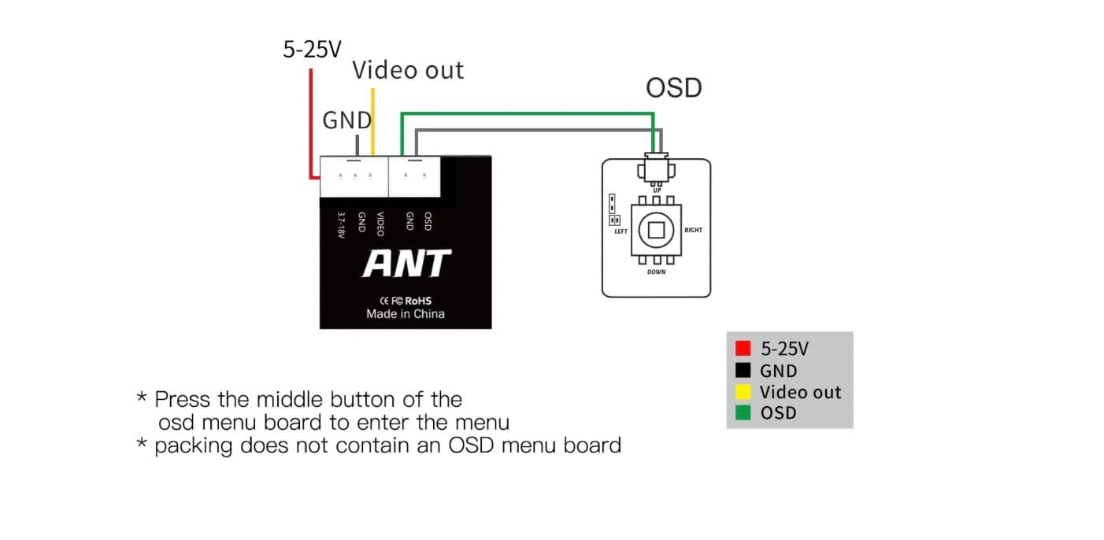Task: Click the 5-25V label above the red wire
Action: pos(312,50)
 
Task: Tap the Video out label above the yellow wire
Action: pos(408,70)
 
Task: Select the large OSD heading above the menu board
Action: pos(673,87)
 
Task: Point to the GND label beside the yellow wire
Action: pos(346,120)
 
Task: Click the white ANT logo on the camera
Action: pos(406,264)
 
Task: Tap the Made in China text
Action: pos(406,314)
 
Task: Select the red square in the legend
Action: pos(743,349)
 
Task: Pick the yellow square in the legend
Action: pos(743,392)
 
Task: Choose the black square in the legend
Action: pos(743,371)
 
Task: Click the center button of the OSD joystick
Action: pos(656,231)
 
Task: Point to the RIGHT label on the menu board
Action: pos(693,231)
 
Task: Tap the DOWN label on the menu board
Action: pos(656,272)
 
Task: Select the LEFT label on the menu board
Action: pos(621,231)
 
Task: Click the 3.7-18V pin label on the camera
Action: pos(341,223)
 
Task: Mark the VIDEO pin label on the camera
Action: pos(380,224)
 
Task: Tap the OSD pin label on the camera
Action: pos(428,220)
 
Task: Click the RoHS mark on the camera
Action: pos(418,300)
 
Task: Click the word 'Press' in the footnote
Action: pos(183,398)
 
